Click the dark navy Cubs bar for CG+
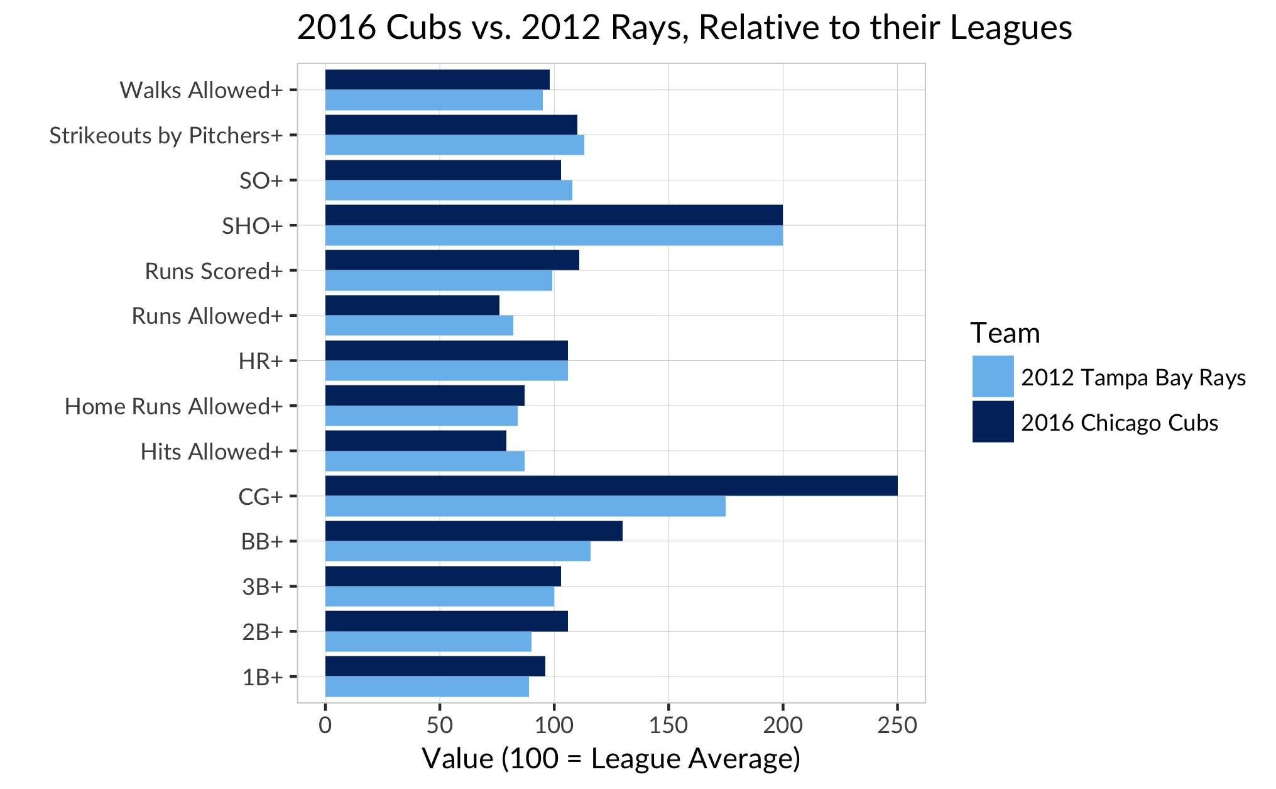(x=611, y=486)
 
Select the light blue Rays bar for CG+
(x=525, y=506)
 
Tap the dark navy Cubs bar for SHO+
(x=553, y=215)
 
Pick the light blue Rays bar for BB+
(x=457, y=551)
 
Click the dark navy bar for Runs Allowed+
(x=412, y=306)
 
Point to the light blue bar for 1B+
(x=427, y=687)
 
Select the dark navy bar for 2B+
(x=446, y=621)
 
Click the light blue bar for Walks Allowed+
(x=434, y=100)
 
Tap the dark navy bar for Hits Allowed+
(x=415, y=441)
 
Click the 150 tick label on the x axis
(x=668, y=726)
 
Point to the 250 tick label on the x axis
(x=897, y=726)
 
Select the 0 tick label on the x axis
(x=325, y=726)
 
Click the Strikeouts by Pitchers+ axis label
(x=166, y=135)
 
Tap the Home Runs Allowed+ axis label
(x=173, y=406)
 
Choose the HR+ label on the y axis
(x=260, y=361)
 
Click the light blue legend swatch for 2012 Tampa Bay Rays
(x=993, y=377)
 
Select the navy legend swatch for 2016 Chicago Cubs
(x=993, y=422)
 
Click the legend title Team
(x=1005, y=333)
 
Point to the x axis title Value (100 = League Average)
(x=611, y=758)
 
